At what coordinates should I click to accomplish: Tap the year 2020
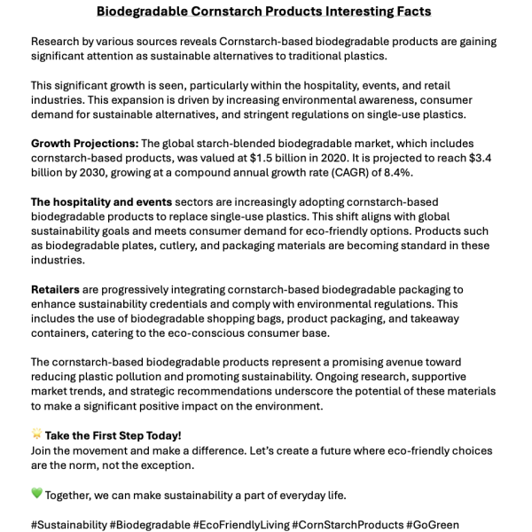click(376, 158)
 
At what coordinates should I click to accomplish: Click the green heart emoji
click(37, 495)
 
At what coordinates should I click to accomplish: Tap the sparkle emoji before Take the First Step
click(37, 435)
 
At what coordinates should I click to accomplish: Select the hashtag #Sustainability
click(68, 525)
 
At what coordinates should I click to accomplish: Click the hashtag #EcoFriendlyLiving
click(240, 525)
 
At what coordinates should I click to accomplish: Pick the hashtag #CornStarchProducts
click(348, 525)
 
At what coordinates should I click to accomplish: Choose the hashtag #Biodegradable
click(149, 525)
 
